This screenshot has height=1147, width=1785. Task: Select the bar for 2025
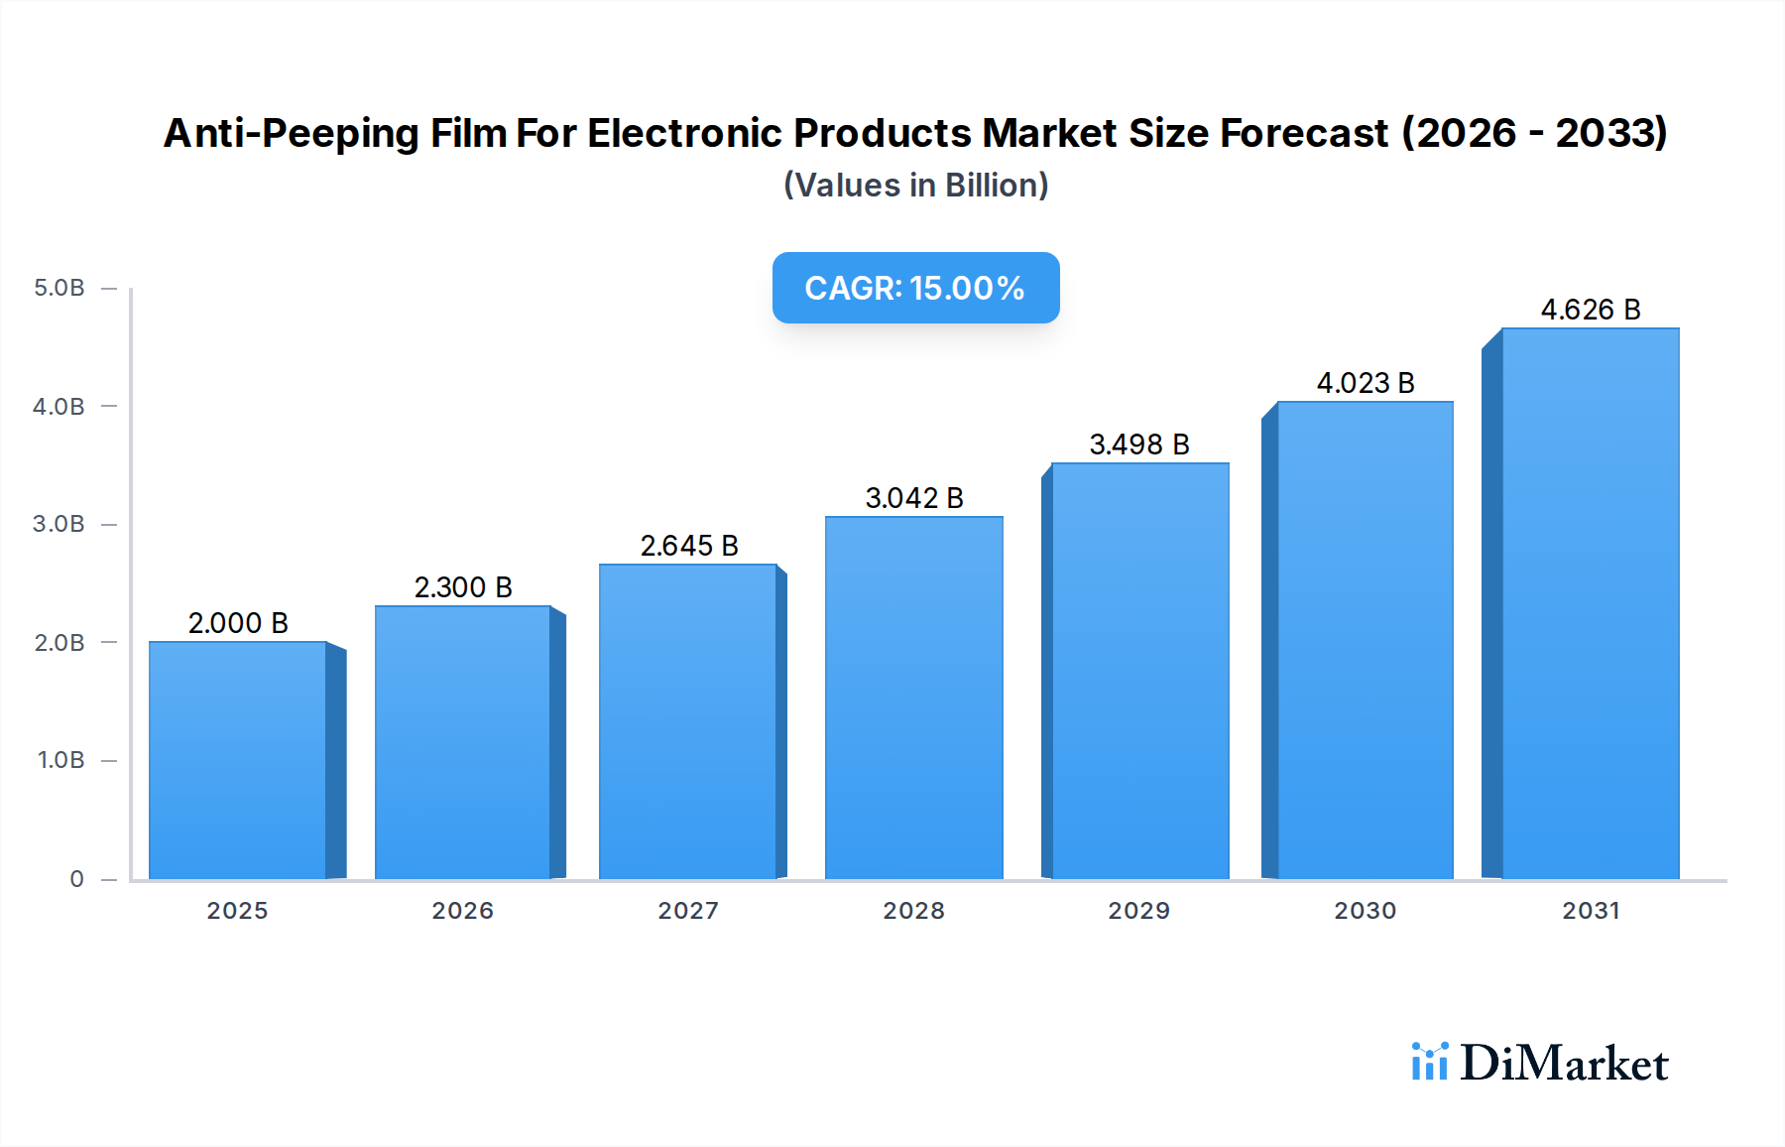pos(238,760)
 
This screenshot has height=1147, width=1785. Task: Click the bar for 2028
pos(913,698)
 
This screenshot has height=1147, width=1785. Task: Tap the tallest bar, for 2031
pos(1590,603)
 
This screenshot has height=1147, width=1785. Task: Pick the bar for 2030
pos(1365,640)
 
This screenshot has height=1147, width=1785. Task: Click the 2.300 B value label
pos(463,587)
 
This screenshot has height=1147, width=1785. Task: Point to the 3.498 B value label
pos(1139,445)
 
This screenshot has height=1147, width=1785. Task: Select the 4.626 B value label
pos(1590,310)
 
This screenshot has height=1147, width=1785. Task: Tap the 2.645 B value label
pos(689,546)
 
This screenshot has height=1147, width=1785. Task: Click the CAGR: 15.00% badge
pos(915,288)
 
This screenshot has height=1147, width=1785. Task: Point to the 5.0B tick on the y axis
pos(59,288)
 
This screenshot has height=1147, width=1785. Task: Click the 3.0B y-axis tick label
pos(59,524)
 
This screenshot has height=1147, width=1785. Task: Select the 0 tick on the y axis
pos(76,879)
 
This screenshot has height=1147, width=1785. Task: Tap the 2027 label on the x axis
pos(688,911)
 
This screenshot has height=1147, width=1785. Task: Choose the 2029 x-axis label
pos(1139,911)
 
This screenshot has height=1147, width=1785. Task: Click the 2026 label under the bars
pos(463,911)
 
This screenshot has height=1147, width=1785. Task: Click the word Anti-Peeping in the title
pos(291,134)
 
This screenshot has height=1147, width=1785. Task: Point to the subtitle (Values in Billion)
pos(915,186)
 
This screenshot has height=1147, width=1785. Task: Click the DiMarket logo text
pos(1564,1064)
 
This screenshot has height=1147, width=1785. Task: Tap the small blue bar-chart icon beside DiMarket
pos(1429,1062)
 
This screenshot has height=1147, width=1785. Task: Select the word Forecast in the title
pos(1304,134)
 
